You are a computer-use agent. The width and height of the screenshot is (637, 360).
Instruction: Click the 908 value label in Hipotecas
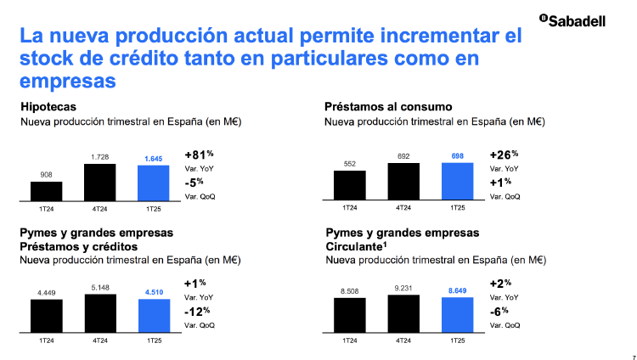pyautogui.click(x=46, y=175)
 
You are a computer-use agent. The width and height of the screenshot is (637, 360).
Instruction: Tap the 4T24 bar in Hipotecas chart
pyautogui.click(x=99, y=181)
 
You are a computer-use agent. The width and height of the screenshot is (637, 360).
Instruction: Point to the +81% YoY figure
pyautogui.click(x=197, y=155)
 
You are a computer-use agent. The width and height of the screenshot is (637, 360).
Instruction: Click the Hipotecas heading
pyautogui.click(x=48, y=107)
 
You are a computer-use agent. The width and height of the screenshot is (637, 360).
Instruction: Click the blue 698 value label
pyautogui.click(x=457, y=156)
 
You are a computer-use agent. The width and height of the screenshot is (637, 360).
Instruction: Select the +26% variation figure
pyautogui.click(x=504, y=155)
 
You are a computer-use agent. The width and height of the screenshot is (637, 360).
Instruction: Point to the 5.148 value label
pyautogui.click(x=99, y=287)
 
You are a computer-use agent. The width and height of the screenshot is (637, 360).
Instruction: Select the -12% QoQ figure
pyautogui.click(x=197, y=311)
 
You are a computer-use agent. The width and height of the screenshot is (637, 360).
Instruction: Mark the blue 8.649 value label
pyautogui.click(x=457, y=290)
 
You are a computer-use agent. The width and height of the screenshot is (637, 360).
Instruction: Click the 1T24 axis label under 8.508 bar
pyautogui.click(x=349, y=340)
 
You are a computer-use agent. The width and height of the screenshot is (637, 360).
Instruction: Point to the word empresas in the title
pyautogui.click(x=68, y=82)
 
